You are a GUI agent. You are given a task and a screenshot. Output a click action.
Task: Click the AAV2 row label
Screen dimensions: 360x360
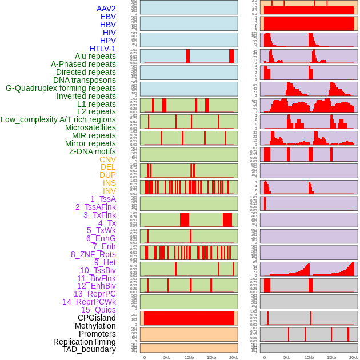click(x=106, y=9)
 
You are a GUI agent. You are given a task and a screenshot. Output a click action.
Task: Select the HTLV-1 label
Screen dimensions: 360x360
click(x=103, y=49)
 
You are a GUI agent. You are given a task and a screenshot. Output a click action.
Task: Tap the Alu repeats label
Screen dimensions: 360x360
click(x=95, y=56)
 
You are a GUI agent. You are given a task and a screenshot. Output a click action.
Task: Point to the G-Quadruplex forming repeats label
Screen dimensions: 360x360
click(x=61, y=88)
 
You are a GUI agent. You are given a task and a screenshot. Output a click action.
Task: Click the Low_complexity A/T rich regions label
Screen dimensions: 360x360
click(x=58, y=119)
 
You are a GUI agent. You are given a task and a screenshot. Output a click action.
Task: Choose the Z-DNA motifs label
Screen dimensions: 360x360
click(x=93, y=151)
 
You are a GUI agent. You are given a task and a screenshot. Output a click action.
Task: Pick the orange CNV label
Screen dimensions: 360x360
click(x=107, y=159)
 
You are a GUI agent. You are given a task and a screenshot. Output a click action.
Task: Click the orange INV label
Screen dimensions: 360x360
click(x=109, y=191)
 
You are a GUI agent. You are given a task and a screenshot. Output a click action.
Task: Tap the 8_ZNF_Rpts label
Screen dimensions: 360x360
click(x=93, y=254)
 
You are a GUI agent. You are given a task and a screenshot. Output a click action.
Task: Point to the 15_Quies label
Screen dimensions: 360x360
click(x=98, y=310)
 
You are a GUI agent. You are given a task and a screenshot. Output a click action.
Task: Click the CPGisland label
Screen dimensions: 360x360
click(x=97, y=318)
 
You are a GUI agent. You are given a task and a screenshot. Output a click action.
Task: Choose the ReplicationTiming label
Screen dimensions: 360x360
click(x=85, y=342)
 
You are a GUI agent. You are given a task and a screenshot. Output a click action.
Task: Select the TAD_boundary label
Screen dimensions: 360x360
click(x=89, y=349)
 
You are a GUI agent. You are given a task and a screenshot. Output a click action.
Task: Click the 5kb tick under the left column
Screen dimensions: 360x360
click(x=167, y=357)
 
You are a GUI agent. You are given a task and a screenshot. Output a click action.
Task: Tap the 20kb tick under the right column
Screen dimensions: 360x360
click(x=354, y=357)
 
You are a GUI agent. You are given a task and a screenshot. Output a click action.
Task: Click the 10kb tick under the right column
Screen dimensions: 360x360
click(x=309, y=357)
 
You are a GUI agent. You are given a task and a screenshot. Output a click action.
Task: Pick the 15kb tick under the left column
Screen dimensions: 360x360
click(x=211, y=357)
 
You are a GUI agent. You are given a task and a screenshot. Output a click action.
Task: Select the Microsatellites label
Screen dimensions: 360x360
click(x=90, y=127)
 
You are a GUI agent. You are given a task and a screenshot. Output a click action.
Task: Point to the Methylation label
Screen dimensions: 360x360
click(x=91, y=326)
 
